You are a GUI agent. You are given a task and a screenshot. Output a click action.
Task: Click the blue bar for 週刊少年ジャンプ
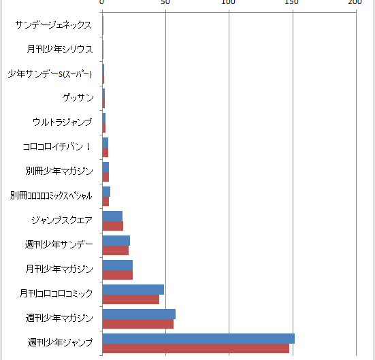pos(199,338)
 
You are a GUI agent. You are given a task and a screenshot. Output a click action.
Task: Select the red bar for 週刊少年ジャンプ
pos(196,348)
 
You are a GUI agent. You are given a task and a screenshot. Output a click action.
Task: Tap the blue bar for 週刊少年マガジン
pos(139,314)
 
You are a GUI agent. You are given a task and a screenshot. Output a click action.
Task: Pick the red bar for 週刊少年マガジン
pos(138,324)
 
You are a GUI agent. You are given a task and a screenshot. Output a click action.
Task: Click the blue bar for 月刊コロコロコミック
pos(133,290)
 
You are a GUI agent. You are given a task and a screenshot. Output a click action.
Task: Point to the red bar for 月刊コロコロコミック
pos(131,299)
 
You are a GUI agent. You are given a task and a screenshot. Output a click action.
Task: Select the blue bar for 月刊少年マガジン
pos(118,265)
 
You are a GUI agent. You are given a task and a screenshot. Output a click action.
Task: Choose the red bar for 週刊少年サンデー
pos(116,250)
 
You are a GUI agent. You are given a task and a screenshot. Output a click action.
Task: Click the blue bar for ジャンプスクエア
pos(112,216)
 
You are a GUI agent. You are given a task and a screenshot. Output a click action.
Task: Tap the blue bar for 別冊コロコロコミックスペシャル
pos(106,192)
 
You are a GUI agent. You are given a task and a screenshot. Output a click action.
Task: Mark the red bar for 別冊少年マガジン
pos(105,177)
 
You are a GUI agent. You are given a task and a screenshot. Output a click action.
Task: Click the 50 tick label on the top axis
pos(165,2)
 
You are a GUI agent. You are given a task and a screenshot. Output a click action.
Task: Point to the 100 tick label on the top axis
pos(228,2)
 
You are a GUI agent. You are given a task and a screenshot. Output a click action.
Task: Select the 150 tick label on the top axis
pos(292,2)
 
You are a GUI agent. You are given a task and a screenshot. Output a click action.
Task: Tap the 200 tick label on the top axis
pos(355,2)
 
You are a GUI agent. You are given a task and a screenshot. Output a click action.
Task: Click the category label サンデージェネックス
pos(53,25)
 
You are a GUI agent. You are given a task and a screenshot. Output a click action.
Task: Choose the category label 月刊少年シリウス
pos(59,49)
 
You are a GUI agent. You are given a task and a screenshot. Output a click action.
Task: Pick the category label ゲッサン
pos(78,98)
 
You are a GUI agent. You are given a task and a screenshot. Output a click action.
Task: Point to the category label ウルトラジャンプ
pos(63,122)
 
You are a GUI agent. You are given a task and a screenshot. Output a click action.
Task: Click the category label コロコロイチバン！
pos(57,146)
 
